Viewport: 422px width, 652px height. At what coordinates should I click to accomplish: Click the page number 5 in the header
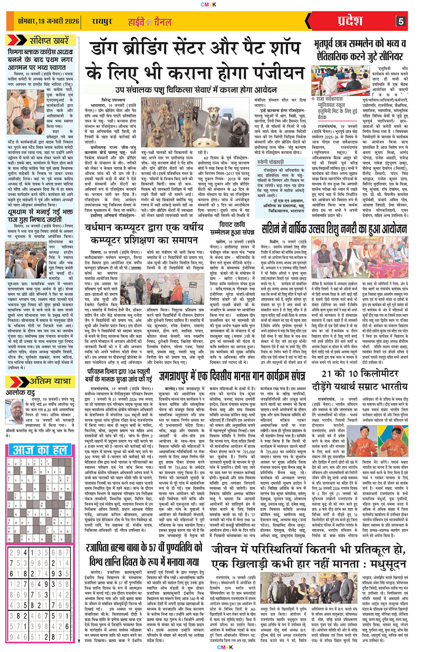[401, 22]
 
